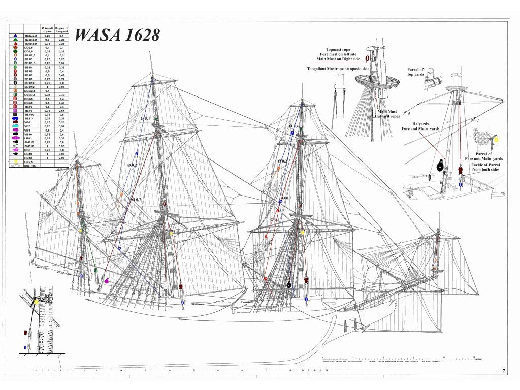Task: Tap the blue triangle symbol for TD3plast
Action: click(x=16, y=36)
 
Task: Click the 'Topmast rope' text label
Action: click(x=339, y=49)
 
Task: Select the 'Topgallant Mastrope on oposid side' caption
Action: click(x=338, y=68)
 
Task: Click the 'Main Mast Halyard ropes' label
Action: click(x=387, y=114)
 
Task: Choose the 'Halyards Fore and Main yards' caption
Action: click(x=420, y=126)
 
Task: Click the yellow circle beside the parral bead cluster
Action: click(x=496, y=139)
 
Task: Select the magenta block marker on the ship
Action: click(x=107, y=280)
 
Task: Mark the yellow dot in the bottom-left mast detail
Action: click(x=37, y=302)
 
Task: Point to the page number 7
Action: click(x=504, y=371)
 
